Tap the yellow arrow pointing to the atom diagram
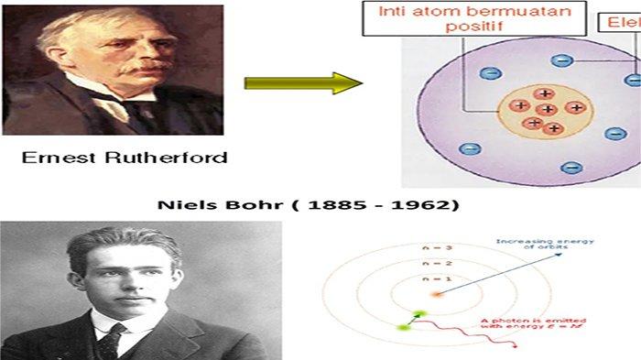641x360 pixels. click(303, 83)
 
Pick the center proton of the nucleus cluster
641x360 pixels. click(548, 109)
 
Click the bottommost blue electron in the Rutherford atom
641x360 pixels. click(571, 168)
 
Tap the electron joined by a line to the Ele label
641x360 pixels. click(562, 61)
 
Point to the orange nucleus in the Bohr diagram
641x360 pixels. click(437, 295)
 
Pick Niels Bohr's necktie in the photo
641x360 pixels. click(111, 340)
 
